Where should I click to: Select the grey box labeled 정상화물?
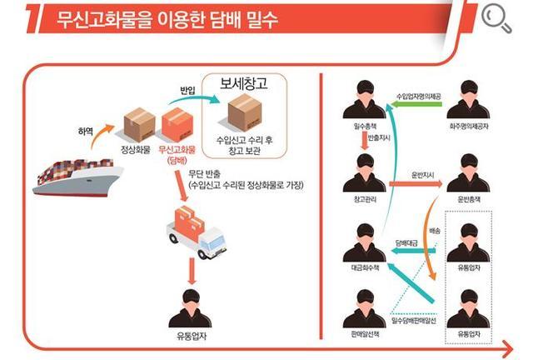pos(139,125)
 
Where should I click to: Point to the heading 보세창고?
pos(243,84)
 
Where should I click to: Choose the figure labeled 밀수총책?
pos(362,102)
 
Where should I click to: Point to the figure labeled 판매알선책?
pos(362,308)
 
